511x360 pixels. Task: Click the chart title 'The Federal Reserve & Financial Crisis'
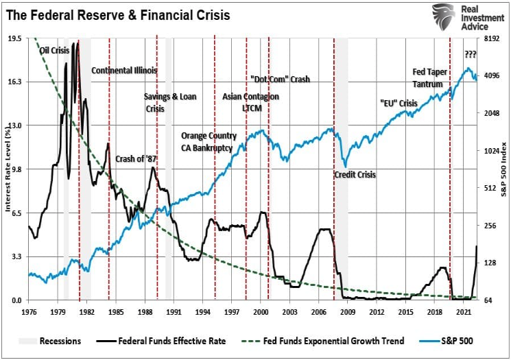pos(119,14)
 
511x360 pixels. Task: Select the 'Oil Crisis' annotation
pos(54,50)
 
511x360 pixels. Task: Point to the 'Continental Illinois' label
pos(124,70)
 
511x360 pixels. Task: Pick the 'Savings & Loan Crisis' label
pos(169,102)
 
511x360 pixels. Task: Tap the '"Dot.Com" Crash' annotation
pos(280,80)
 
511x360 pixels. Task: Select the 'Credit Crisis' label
pos(355,175)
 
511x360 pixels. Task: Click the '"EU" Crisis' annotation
pos(399,103)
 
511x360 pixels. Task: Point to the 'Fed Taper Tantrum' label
pos(429,77)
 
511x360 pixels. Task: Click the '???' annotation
pos(471,54)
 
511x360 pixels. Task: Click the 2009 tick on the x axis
pos(348,312)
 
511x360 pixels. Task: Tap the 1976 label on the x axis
pos(29,312)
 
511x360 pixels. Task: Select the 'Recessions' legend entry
pos(60,341)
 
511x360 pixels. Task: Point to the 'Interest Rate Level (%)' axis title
pos(8,168)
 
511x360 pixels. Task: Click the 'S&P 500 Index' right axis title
pos(503,168)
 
